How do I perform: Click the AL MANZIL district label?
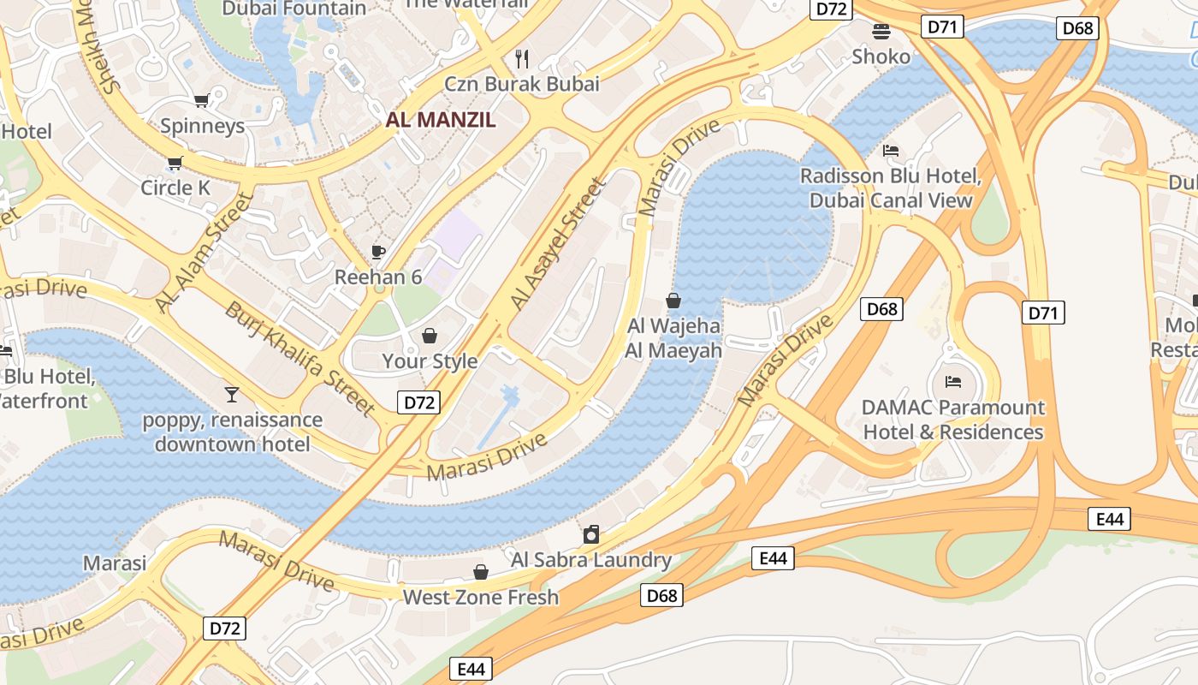pyautogui.click(x=441, y=120)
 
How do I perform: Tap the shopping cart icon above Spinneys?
pyautogui.click(x=202, y=101)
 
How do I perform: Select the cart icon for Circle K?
pyautogui.click(x=175, y=163)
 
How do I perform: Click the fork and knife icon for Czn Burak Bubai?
pyautogui.click(x=522, y=58)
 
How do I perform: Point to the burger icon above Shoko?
pyautogui.click(x=881, y=32)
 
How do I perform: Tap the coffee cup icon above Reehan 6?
pyautogui.click(x=378, y=252)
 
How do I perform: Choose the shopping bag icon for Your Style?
pyautogui.click(x=430, y=336)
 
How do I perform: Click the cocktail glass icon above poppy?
pyautogui.click(x=232, y=395)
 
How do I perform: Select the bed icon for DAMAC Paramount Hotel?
pyautogui.click(x=953, y=382)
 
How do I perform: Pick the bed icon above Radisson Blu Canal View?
pyautogui.click(x=891, y=151)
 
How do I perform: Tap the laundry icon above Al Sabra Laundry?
pyautogui.click(x=590, y=535)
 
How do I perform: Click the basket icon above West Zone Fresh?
pyautogui.click(x=481, y=572)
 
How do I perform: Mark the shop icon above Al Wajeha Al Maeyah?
pyautogui.click(x=673, y=301)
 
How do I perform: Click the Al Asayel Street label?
pyautogui.click(x=558, y=244)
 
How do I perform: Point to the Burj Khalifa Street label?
pyautogui.click(x=299, y=358)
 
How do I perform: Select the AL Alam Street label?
pyautogui.click(x=205, y=253)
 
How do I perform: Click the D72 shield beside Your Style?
pyautogui.click(x=418, y=402)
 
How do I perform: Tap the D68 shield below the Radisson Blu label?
pyautogui.click(x=881, y=309)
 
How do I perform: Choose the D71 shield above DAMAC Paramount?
pyautogui.click(x=1043, y=313)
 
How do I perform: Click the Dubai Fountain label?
pyautogui.click(x=294, y=9)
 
